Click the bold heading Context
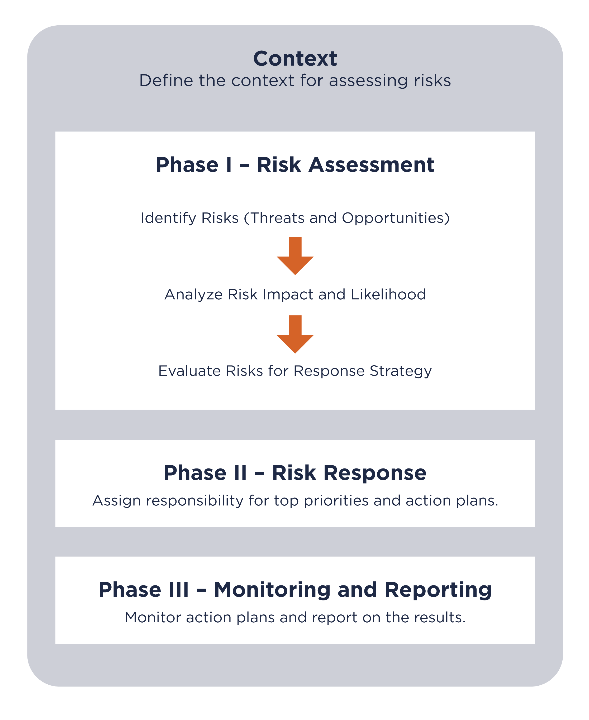295,58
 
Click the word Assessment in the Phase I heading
371,165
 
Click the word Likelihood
388,294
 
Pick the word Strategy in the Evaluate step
401,371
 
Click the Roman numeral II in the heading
240,473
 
